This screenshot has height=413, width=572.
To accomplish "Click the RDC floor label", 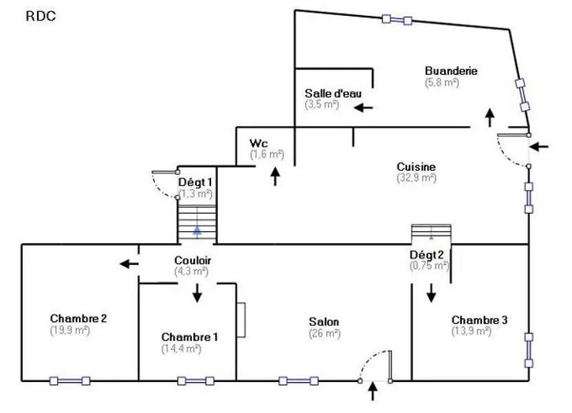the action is (41, 16).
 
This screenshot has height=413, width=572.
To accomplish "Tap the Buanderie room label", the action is (451, 70).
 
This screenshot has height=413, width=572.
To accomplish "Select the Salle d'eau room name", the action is (333, 94).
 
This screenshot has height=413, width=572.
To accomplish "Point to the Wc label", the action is (258, 143).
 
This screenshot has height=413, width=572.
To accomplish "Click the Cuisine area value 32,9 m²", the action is (417, 178).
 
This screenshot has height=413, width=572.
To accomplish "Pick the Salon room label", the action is (324, 321).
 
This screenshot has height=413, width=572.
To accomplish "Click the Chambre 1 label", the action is (190, 337).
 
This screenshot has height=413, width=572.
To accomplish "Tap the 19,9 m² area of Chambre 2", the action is (69, 330).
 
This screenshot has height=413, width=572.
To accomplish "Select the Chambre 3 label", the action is (479, 320).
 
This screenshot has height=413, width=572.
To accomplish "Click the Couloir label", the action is (192, 260).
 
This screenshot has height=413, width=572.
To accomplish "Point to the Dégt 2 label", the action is (426, 255).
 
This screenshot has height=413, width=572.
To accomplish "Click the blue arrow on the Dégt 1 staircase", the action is (197, 230).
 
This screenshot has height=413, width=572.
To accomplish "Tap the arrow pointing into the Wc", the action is (276, 176).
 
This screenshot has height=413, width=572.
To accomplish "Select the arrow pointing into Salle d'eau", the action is (363, 107).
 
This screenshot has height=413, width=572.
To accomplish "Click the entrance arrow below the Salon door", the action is (373, 391).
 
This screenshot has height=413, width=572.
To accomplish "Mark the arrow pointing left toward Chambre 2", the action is (129, 263).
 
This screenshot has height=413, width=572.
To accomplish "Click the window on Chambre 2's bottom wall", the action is (69, 381).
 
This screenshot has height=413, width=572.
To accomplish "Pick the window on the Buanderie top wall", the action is (397, 19).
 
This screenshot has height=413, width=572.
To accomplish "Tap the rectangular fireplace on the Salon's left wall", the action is (241, 320).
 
